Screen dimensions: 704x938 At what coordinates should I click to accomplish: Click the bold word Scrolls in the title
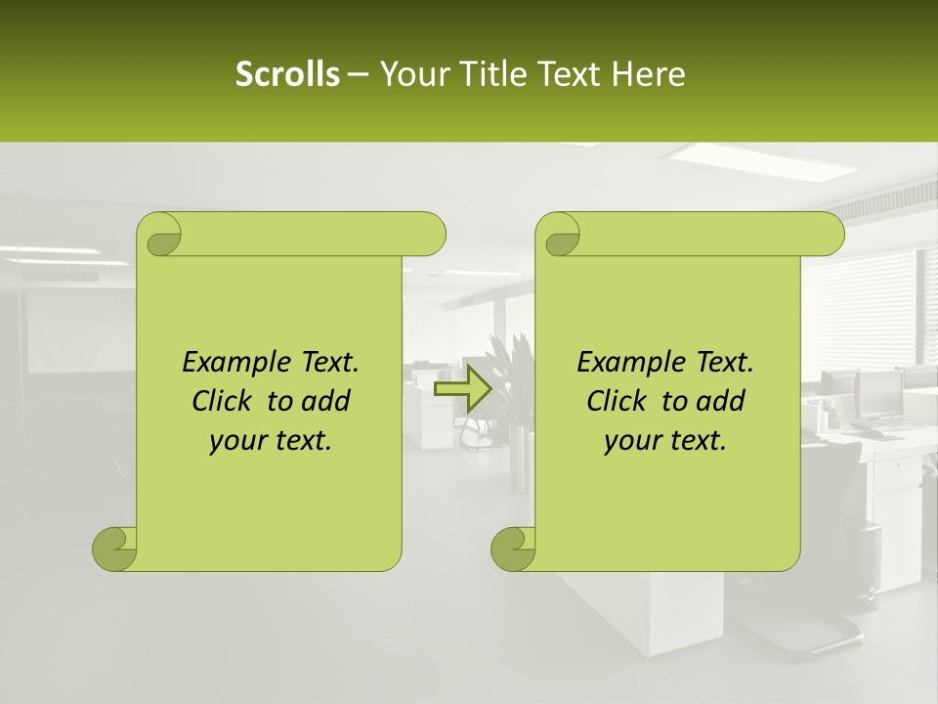click(x=287, y=74)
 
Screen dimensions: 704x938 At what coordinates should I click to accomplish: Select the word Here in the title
click(x=648, y=74)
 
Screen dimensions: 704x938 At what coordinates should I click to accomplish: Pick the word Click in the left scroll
click(x=224, y=401)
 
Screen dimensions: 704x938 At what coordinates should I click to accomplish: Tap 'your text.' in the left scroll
click(x=271, y=440)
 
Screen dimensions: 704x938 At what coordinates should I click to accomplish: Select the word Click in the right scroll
click(x=618, y=401)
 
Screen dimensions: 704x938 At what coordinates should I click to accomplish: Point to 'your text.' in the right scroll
click(x=665, y=440)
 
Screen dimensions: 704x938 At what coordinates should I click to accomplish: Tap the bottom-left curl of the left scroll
click(x=114, y=549)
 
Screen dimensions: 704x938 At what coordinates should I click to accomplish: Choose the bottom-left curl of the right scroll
click(x=512, y=549)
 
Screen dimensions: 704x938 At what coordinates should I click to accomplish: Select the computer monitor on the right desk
click(x=877, y=392)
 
